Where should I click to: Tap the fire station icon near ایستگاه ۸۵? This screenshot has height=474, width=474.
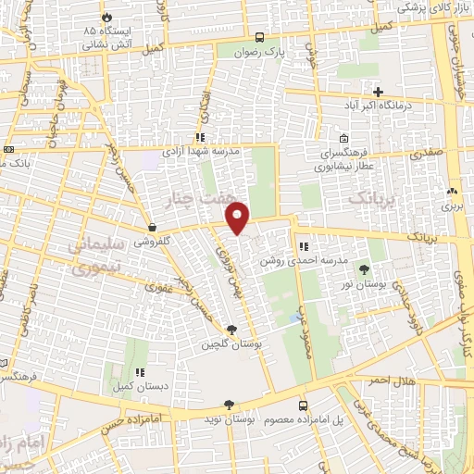click(x=106, y=17)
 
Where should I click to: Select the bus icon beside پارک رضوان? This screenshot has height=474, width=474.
click(x=260, y=38)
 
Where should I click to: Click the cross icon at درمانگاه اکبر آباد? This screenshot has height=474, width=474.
click(x=378, y=91)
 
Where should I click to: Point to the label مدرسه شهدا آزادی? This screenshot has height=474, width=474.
click(x=202, y=149)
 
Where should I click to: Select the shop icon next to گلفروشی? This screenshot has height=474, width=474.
click(x=152, y=226)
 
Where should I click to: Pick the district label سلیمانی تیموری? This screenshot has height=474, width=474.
click(x=95, y=256)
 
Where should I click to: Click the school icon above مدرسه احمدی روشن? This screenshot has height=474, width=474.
click(x=304, y=246)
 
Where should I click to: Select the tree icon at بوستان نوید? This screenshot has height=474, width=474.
click(x=231, y=405)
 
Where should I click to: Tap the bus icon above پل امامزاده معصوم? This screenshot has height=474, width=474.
click(x=304, y=405)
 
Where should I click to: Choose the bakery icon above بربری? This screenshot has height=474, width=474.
click(x=452, y=192)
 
